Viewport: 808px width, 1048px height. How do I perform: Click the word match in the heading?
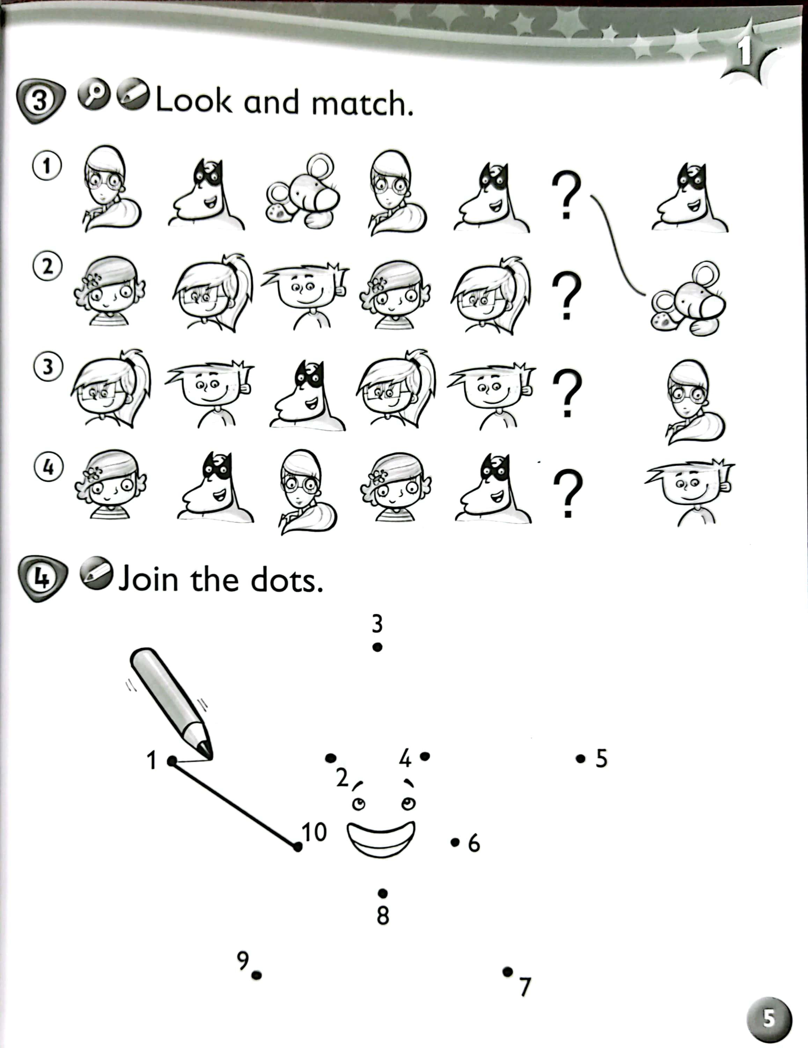[362, 103]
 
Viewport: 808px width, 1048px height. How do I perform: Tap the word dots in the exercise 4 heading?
[286, 580]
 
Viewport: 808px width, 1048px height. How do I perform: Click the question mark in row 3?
[568, 393]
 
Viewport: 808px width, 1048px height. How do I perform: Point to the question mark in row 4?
[568, 493]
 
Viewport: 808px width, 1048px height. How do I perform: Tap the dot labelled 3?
[377, 647]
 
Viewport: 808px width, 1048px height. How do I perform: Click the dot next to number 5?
[581, 759]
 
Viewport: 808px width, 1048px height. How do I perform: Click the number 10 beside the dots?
[314, 832]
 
